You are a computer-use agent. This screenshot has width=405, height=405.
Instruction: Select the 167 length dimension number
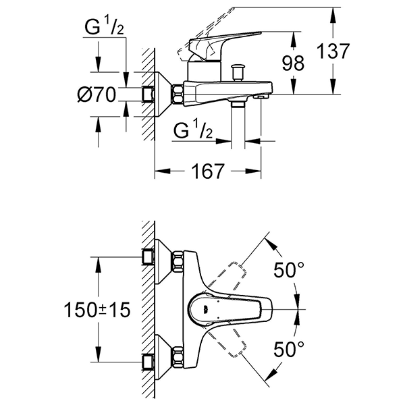pos(207,171)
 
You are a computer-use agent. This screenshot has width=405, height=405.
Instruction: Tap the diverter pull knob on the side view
pos(237,70)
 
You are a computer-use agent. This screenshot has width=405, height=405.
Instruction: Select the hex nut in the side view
pos(178,94)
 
